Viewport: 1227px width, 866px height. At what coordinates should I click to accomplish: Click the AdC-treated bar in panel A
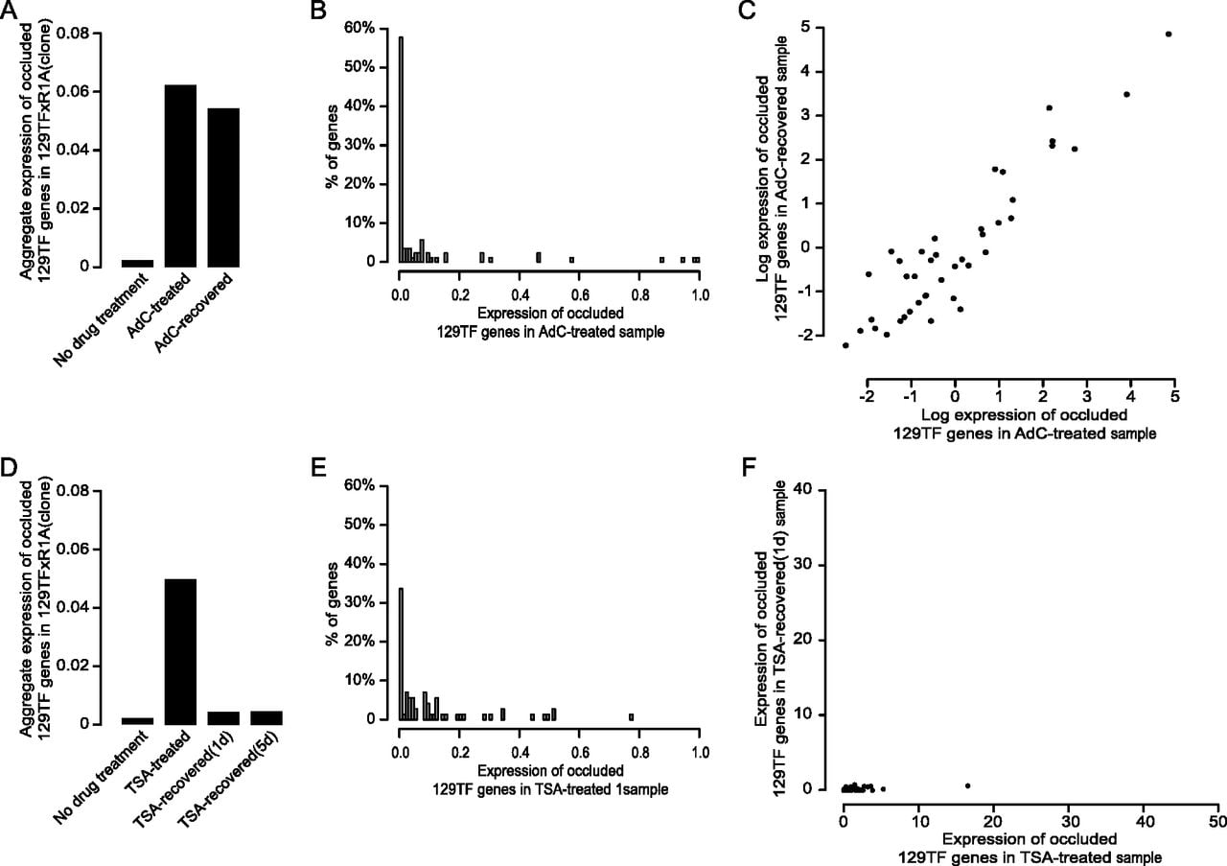tap(181, 176)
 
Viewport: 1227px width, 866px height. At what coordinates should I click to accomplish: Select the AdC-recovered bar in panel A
tap(223, 188)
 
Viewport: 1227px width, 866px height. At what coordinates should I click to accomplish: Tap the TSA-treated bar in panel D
tap(181, 652)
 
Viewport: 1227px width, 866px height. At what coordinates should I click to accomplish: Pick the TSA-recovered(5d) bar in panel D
tap(266, 718)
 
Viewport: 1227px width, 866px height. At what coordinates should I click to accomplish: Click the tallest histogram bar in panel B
tap(401, 150)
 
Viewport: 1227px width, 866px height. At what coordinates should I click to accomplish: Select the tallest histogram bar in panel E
tap(401, 654)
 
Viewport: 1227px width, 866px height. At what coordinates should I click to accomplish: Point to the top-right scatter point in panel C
tap(1169, 34)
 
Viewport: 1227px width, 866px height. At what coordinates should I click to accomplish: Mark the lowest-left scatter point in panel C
tap(845, 345)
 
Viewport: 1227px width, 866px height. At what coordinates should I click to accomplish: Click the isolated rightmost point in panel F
tap(968, 785)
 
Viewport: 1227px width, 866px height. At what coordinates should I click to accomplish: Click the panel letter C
tap(747, 10)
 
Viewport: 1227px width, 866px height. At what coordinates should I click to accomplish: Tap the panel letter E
tap(318, 469)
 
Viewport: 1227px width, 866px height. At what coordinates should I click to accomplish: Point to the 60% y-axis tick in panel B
tap(382, 28)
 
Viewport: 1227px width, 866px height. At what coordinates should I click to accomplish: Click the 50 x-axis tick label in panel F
tap(1217, 821)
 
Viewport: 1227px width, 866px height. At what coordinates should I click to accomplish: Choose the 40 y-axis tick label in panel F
tap(810, 491)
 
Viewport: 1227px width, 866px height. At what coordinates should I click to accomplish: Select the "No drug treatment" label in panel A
tap(102, 319)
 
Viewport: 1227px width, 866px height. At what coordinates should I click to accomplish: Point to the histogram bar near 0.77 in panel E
tap(631, 716)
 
